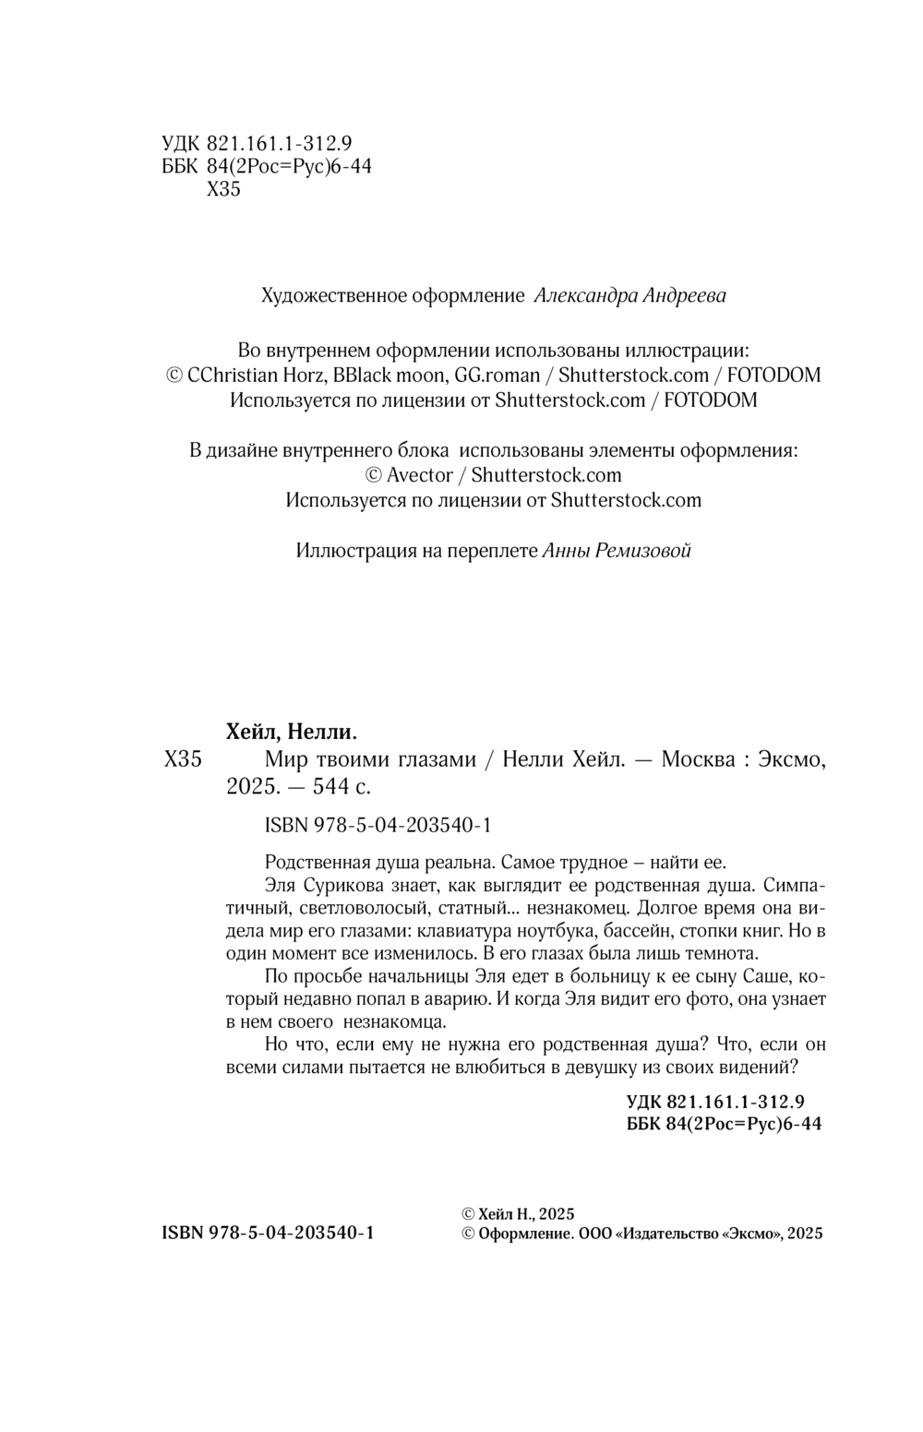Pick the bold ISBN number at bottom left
pos(267,1234)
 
